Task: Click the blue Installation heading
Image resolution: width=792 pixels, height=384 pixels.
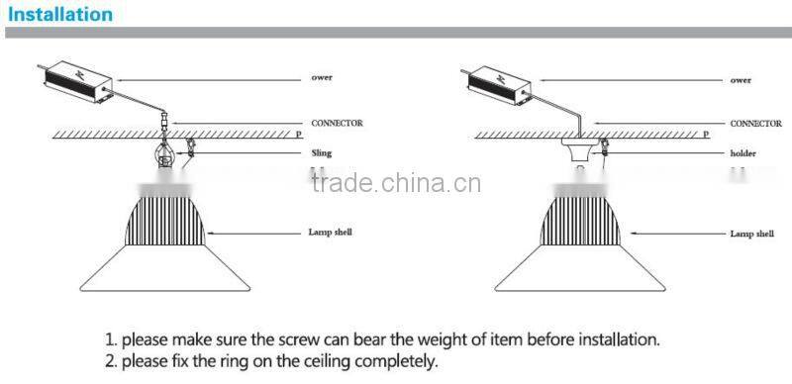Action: pyautogui.click(x=60, y=15)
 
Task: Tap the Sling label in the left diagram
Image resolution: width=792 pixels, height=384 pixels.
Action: pyautogui.click(x=322, y=153)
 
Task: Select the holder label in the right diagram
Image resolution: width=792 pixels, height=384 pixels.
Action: pyautogui.click(x=742, y=154)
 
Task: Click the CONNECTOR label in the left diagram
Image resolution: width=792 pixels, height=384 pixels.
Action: pyautogui.click(x=337, y=124)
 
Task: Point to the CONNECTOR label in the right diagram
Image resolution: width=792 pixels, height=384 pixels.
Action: pyautogui.click(x=757, y=124)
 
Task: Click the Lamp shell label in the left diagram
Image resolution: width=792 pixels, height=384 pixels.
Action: pyautogui.click(x=330, y=233)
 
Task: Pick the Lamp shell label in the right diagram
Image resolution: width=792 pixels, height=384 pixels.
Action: pyautogui.click(x=752, y=234)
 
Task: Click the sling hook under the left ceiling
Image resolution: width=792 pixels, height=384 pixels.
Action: pyautogui.click(x=164, y=156)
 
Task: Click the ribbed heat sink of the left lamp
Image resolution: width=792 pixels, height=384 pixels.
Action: pyautogui.click(x=165, y=217)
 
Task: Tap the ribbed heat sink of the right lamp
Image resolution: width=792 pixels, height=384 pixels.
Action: pyautogui.click(x=581, y=217)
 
